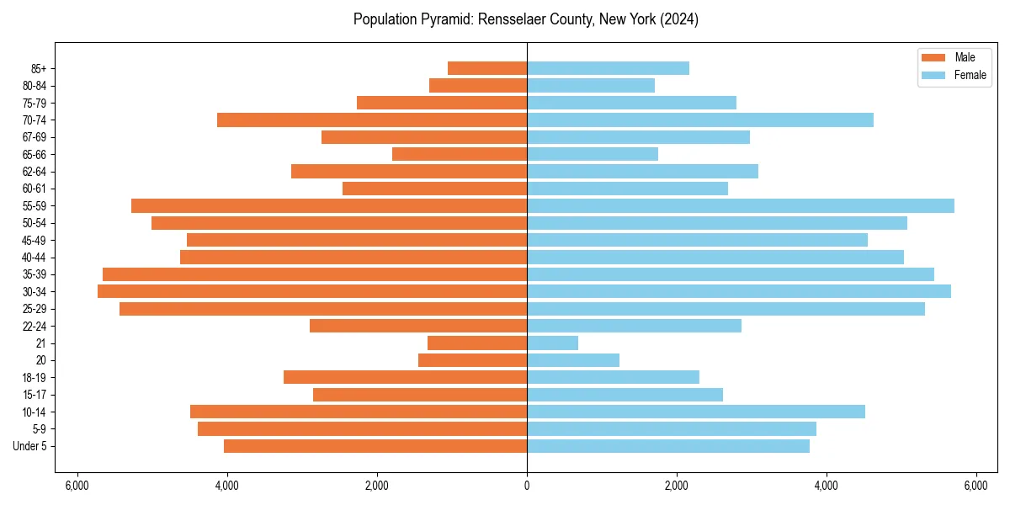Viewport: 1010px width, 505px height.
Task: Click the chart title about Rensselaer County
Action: [526, 19]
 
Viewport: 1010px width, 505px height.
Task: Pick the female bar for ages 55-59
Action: [741, 205]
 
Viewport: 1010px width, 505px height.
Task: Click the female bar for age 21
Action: [552, 343]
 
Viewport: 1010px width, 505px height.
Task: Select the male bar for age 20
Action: [472, 360]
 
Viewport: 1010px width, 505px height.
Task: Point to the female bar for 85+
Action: [608, 68]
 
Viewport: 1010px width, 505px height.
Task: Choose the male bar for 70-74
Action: [372, 120]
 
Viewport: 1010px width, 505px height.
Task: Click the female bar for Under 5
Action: [668, 446]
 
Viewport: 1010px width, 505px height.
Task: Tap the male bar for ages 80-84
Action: [478, 85]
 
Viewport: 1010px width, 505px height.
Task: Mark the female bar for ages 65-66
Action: [593, 154]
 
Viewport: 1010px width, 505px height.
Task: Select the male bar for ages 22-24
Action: [418, 326]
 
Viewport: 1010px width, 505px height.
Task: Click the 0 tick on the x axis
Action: [527, 486]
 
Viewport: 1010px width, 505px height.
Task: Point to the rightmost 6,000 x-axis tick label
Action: [975, 486]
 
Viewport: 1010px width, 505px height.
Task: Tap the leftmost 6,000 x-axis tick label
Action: [77, 486]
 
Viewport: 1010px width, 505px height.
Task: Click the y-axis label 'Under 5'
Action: [30, 446]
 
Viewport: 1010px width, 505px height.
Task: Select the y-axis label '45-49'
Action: [35, 240]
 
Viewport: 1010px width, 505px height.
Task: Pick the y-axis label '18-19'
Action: [35, 377]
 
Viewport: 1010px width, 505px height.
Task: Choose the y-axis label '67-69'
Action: [35, 137]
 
